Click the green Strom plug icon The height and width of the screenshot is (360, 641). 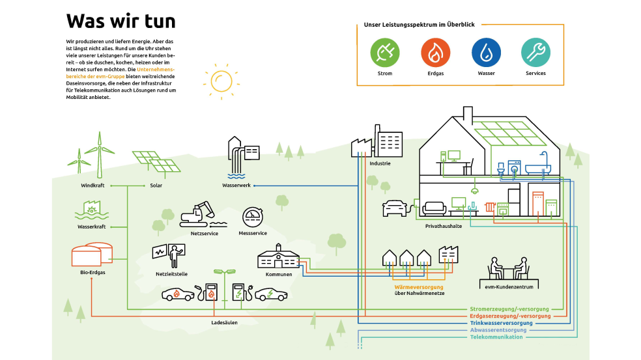(x=384, y=53)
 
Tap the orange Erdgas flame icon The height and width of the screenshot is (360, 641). (x=434, y=53)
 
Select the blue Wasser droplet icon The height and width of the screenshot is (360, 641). (x=486, y=53)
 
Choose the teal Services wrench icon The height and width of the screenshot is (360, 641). (x=535, y=53)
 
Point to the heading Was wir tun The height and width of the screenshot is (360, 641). (x=121, y=21)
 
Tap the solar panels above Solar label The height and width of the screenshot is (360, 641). (x=156, y=161)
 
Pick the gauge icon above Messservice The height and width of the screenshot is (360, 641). (x=253, y=217)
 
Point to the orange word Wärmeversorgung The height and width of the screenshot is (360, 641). (x=419, y=286)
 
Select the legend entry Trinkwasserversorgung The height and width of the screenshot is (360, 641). (x=501, y=323)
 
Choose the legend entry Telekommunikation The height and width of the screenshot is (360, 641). (x=497, y=337)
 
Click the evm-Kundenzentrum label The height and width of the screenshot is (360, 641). (x=509, y=286)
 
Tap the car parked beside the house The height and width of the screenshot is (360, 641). (x=395, y=208)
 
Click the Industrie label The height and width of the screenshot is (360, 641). (x=380, y=163)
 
